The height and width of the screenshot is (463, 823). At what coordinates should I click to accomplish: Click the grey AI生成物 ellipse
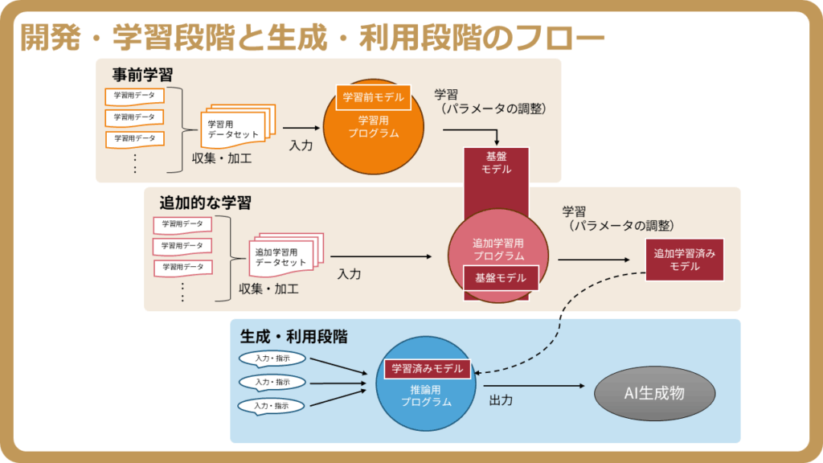coord(654,393)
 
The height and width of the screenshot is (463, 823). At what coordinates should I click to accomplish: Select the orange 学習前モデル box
coord(373,97)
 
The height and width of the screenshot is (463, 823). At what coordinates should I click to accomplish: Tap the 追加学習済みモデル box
coord(685,260)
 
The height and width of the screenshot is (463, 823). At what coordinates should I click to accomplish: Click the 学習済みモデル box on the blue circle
coord(428,368)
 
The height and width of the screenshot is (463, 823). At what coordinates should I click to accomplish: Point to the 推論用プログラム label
coord(426,395)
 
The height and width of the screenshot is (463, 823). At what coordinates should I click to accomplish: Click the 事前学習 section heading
coord(142,75)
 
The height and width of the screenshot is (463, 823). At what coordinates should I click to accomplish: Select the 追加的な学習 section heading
coord(205,203)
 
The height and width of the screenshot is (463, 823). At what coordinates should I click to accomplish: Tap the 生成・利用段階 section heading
coord(294,337)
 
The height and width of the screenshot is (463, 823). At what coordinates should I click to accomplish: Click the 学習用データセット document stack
coord(238,127)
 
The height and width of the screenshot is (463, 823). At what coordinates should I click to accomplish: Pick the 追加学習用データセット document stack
coord(286,255)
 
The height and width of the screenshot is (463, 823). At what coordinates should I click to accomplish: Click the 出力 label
coord(501,400)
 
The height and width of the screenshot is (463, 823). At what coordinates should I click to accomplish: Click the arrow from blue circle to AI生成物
coord(534,386)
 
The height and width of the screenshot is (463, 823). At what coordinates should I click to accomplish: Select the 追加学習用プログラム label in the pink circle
coord(498,249)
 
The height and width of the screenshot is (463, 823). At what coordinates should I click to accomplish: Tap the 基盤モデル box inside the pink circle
coord(501,277)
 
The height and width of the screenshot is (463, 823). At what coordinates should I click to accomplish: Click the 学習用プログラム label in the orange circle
coord(373,126)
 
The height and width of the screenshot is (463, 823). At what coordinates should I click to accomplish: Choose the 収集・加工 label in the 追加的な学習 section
coord(268,289)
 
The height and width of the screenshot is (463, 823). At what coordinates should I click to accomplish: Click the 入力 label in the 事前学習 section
coord(301,145)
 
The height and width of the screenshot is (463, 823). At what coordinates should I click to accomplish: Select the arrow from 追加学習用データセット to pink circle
coord(381,256)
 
